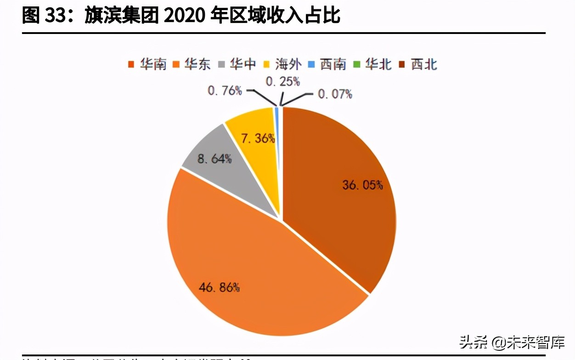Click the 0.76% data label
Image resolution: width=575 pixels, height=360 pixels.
(x=225, y=90)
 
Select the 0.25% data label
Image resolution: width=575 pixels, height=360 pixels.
(x=283, y=82)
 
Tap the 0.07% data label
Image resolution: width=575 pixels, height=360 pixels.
(x=335, y=94)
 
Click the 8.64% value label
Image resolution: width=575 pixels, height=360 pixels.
(x=214, y=160)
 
